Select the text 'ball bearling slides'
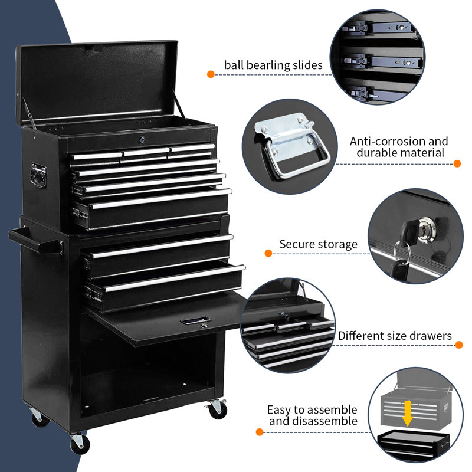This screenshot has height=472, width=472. point(273,65)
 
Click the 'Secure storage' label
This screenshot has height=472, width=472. point(318,244)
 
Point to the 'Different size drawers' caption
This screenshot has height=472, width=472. point(395,336)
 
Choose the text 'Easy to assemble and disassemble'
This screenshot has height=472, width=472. point(312,415)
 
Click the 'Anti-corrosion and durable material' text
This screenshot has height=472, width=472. point(399,147)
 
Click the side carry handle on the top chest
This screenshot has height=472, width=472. point(39,175)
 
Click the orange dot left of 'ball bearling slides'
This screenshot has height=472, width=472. point(211,74)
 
